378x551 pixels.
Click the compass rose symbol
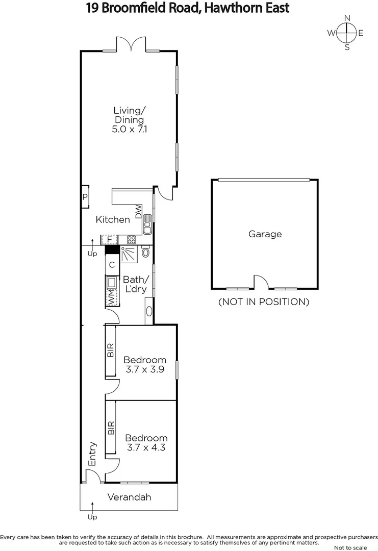pos(347,33)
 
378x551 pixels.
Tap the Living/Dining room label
pos(129,119)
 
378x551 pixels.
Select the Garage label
pos(265,234)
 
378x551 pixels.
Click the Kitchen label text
pos(113,219)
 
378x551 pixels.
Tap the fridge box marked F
pos(109,239)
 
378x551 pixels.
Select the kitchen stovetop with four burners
pos(131,239)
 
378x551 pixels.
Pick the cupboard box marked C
pos(111,265)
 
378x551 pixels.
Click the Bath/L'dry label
pos(135,284)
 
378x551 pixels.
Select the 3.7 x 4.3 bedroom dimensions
pos(146,448)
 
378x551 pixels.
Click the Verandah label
pos(129,497)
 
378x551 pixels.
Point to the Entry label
pos(93,453)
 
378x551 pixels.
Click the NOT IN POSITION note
pos(264,302)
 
